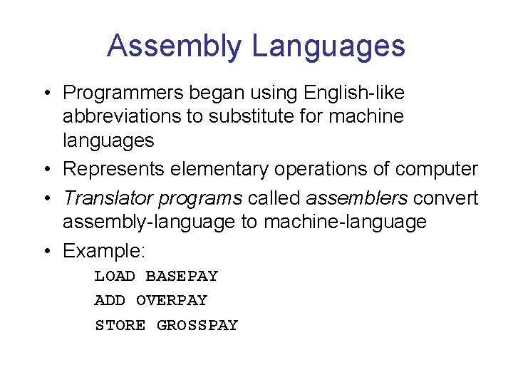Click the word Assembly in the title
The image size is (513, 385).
(175, 46)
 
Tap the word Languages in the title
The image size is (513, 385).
(328, 46)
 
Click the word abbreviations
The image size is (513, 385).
(122, 116)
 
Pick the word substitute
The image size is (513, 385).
(251, 116)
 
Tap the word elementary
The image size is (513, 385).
(231, 170)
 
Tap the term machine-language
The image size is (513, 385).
(345, 222)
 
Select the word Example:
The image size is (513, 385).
(104, 251)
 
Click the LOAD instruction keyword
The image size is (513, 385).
(115, 277)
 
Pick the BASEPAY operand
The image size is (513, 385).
(182, 277)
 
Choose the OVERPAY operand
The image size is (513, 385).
(171, 301)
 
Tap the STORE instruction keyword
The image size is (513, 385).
(120, 326)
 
